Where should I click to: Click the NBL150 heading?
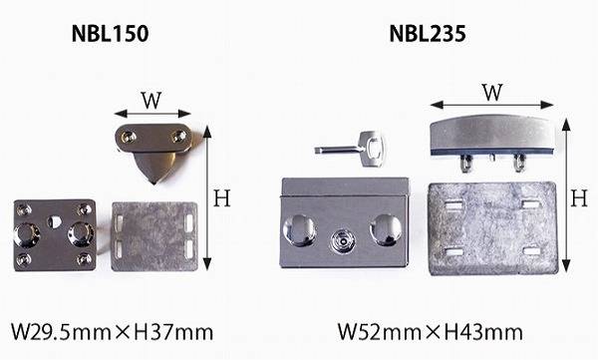[x=110, y=34]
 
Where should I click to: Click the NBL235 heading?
[x=428, y=34]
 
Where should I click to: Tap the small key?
[x=350, y=149]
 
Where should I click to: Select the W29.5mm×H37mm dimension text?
[x=112, y=332]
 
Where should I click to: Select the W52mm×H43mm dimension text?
[x=431, y=332]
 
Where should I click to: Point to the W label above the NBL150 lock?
[x=151, y=101]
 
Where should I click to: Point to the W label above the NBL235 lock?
[x=492, y=93]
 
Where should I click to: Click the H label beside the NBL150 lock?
[x=222, y=198]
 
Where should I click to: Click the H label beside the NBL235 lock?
[x=579, y=198]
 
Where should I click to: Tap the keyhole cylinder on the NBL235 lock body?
[x=342, y=241]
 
